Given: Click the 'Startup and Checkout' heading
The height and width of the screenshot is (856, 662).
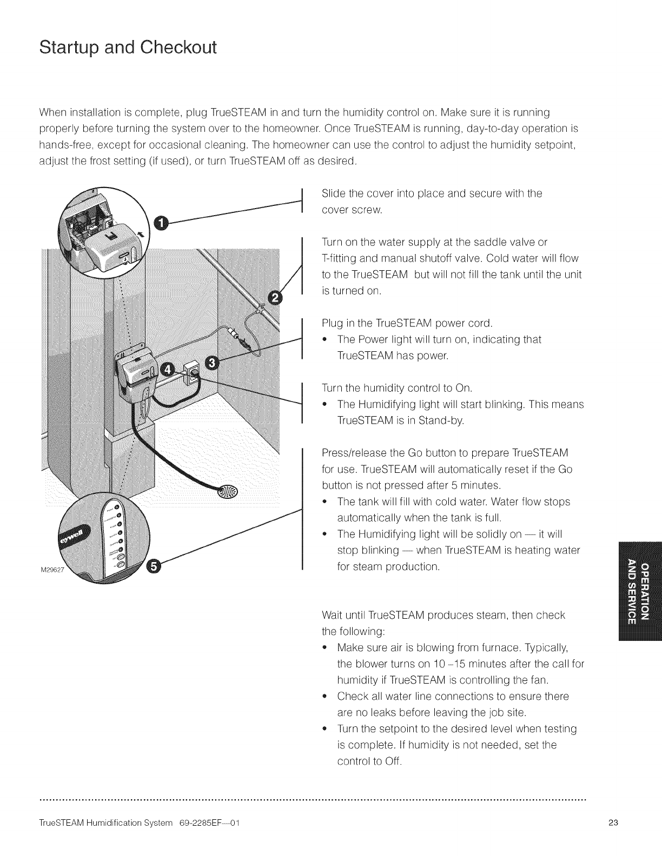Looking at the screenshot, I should tap(128, 47).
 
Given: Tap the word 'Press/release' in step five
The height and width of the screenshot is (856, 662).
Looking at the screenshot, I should tap(349, 452).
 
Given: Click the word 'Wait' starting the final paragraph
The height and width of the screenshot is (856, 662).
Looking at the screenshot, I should tap(332, 615).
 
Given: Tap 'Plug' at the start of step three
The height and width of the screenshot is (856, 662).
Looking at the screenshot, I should tap(332, 323).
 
